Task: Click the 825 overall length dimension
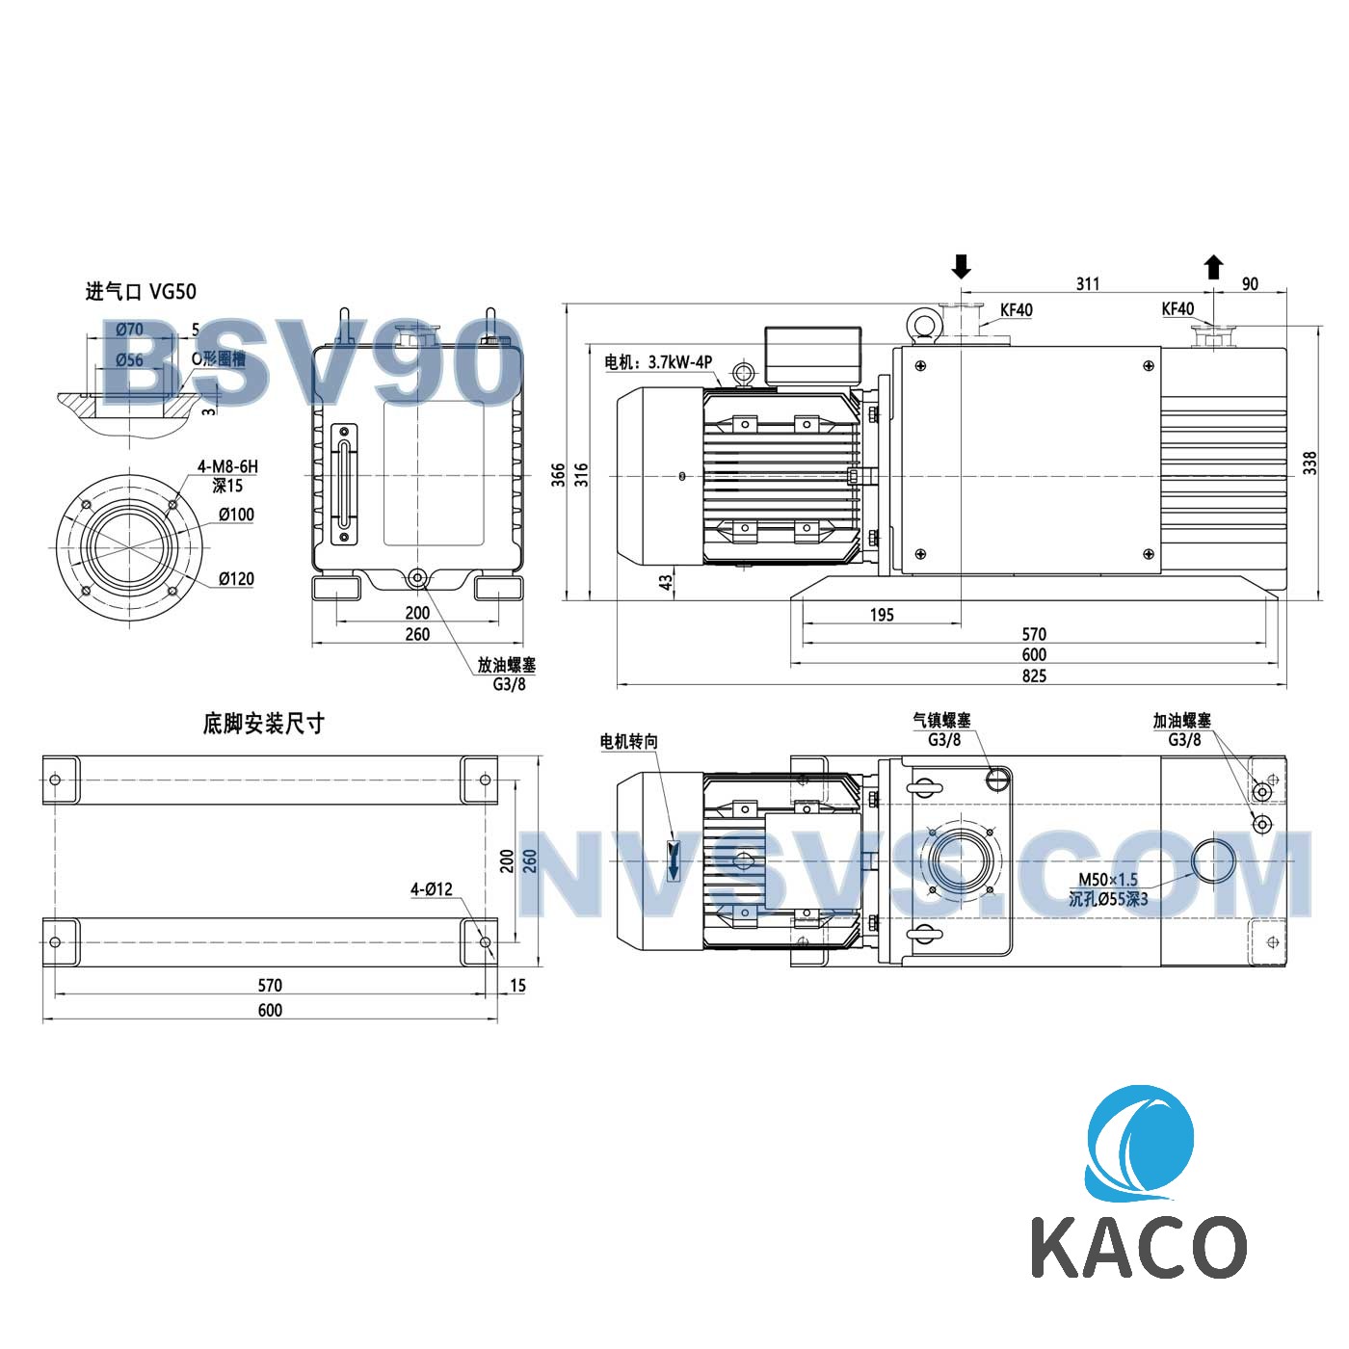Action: coord(1034,675)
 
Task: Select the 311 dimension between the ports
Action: coord(1087,283)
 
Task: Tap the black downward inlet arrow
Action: coord(961,266)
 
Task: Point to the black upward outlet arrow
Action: coord(1213,267)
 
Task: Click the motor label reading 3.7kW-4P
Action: coord(658,362)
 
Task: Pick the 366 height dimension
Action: coord(559,474)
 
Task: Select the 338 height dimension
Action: coord(1309,463)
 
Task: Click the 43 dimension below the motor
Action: coord(666,582)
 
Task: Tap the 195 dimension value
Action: coord(882,615)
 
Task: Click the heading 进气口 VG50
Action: coord(141,291)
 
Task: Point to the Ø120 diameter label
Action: coord(235,578)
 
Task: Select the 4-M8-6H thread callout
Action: coord(227,466)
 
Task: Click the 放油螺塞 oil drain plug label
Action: coord(507,665)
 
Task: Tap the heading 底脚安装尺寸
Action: coord(263,724)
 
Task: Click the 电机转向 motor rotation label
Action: coord(628,741)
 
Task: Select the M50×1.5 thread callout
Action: coord(1107,879)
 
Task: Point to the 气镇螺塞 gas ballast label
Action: coord(941,720)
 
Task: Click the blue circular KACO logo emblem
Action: coord(1140,1143)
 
